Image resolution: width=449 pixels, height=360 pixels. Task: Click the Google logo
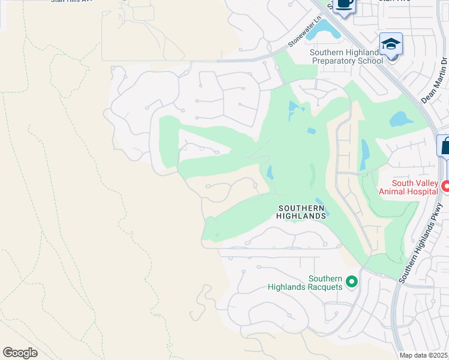click(x=20, y=353)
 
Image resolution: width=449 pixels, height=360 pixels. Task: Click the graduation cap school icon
click(x=391, y=44)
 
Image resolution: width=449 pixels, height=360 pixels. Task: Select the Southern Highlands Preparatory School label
click(x=346, y=56)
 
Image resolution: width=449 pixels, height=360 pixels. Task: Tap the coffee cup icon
click(x=343, y=5)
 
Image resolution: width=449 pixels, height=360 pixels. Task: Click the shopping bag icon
click(x=445, y=146)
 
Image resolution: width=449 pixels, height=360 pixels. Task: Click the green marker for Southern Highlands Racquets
click(x=352, y=281)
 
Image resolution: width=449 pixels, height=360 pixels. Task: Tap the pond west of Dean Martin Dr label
click(x=400, y=119)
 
